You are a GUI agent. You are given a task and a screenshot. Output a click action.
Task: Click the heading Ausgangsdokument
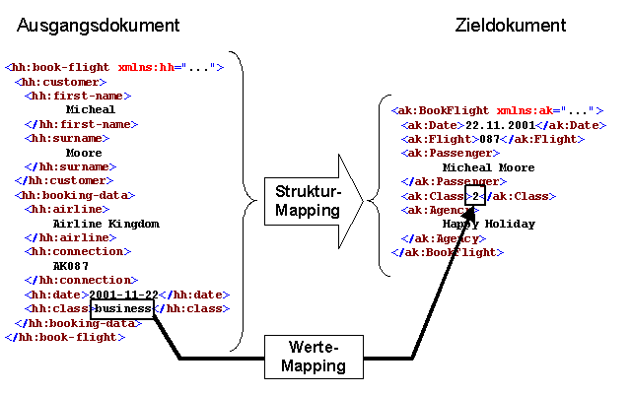97,25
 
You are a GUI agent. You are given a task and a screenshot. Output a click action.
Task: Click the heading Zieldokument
511,25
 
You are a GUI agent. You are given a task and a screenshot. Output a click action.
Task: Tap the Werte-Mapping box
313,357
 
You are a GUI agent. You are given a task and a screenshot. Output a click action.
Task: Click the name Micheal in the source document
91,109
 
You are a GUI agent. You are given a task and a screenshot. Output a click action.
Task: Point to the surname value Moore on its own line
84,153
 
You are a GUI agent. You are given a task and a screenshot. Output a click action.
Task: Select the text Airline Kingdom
105,224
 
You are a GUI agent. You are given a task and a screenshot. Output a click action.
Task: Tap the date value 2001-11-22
123,295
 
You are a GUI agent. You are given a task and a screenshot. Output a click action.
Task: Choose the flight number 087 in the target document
491,139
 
